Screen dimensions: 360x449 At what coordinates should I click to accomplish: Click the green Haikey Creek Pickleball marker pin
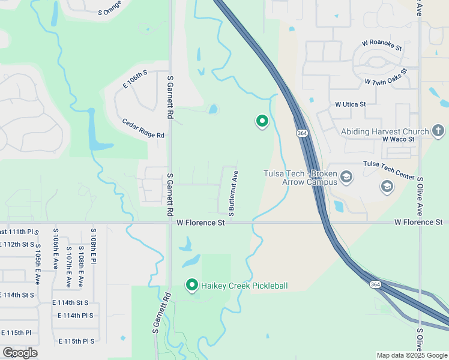tap(192, 284)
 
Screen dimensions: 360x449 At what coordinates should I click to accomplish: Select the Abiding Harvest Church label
tap(385, 131)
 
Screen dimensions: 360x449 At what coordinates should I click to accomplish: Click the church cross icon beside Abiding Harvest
tap(439, 130)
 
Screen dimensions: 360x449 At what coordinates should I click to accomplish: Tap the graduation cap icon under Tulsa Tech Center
tap(387, 187)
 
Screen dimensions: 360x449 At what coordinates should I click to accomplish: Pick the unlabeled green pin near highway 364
tap(262, 121)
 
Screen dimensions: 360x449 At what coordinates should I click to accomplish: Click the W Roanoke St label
tap(382, 44)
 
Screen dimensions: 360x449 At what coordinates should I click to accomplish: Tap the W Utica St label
tap(351, 104)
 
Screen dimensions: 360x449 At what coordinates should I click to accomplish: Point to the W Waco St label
tap(399, 139)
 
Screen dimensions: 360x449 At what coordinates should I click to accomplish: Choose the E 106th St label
tap(135, 80)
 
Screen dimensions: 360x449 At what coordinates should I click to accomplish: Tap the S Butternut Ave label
tap(234, 193)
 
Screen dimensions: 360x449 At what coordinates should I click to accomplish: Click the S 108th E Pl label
tap(93, 246)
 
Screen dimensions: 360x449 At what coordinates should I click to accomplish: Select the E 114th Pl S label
tap(76, 316)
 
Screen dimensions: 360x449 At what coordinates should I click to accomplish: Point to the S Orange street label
tap(110, 7)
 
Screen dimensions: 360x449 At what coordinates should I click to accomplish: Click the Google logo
tap(20, 353)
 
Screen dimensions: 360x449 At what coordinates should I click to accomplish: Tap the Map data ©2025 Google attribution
tap(412, 355)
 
